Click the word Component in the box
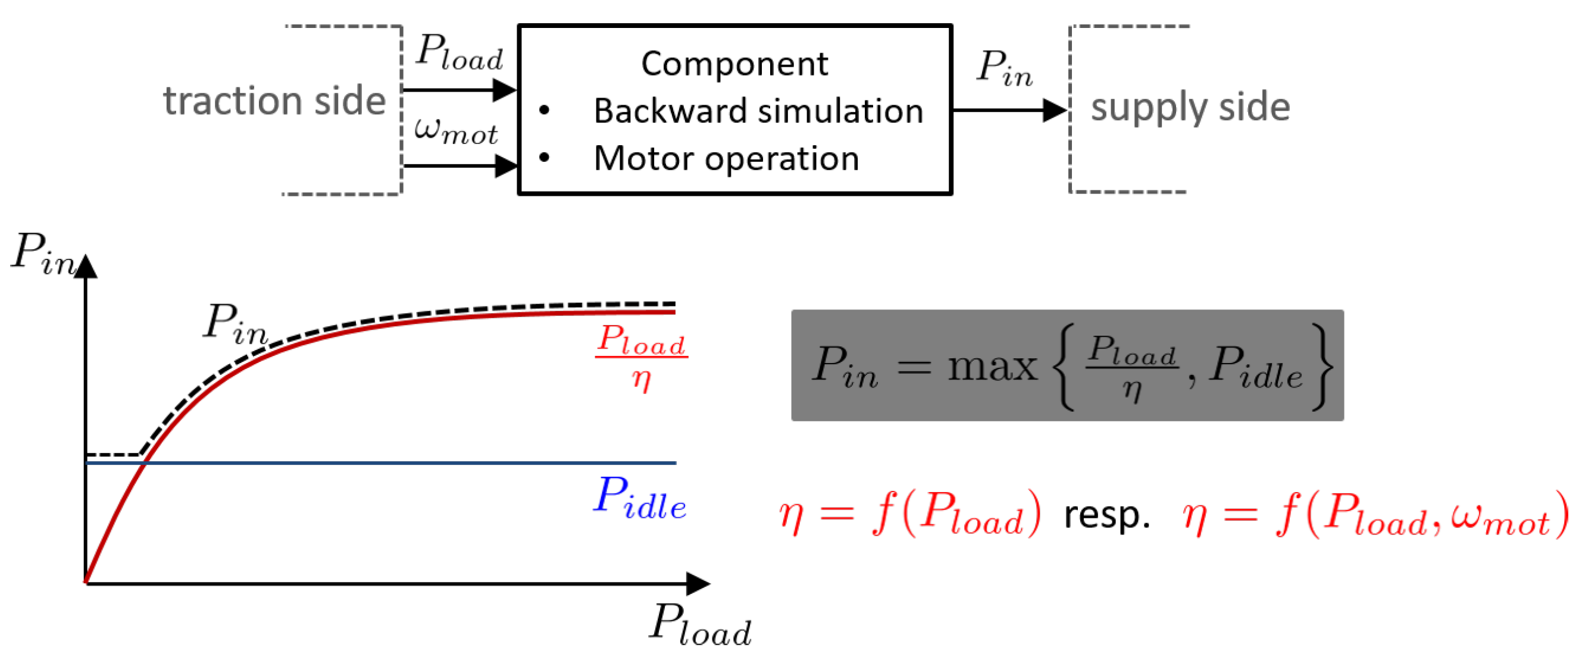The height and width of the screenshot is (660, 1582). [734, 64]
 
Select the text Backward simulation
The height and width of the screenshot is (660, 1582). [758, 111]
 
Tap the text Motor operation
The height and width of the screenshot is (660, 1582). [727, 159]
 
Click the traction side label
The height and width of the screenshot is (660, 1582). [274, 101]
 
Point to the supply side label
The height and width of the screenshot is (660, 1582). [1190, 107]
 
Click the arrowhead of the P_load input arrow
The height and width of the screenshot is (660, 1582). [505, 90]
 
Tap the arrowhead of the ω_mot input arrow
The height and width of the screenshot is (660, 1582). [506, 166]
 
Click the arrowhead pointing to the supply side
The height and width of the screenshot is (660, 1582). [1056, 111]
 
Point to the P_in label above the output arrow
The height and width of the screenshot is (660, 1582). [1005, 67]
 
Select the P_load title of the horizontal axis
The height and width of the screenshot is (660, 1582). [700, 624]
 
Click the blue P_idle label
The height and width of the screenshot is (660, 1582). [639, 498]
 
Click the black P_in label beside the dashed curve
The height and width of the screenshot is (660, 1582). [236, 324]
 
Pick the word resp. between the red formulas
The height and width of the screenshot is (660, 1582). [1106, 515]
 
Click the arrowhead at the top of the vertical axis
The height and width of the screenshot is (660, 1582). [86, 266]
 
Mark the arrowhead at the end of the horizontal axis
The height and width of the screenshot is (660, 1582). [698, 584]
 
